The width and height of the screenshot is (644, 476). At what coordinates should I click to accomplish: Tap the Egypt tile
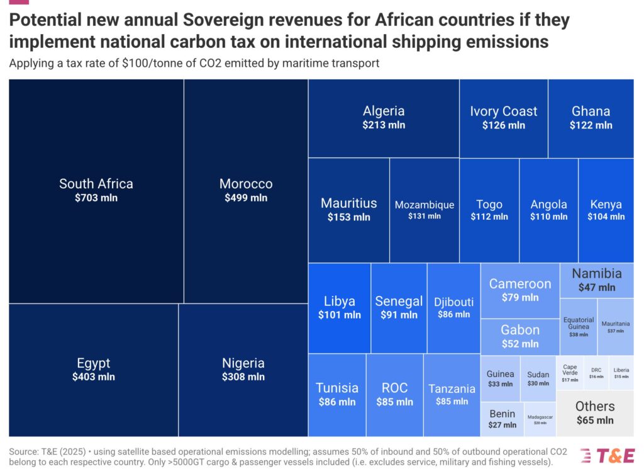tap(94, 370)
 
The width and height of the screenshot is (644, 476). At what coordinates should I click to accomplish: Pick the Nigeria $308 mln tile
tap(243, 370)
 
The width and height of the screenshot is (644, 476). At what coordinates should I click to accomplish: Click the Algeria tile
tap(384, 118)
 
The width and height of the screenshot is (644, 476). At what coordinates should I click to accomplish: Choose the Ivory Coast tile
tap(504, 118)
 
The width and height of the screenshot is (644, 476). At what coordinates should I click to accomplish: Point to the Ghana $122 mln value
tap(591, 125)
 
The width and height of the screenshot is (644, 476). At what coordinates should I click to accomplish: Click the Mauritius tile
tap(349, 210)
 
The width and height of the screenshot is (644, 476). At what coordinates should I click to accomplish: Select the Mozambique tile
tap(425, 210)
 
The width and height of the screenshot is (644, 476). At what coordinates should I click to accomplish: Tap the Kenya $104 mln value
tap(606, 217)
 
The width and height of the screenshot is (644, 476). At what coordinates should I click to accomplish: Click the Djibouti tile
tap(454, 307)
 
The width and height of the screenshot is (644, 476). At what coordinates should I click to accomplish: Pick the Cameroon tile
tap(520, 290)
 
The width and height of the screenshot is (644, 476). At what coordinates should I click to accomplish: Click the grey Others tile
tap(595, 413)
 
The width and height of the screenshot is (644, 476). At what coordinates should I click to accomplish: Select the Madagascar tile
tap(540, 419)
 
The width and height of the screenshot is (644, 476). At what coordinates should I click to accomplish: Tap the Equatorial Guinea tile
tap(579, 327)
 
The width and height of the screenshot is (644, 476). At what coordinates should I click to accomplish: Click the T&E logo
tap(608, 456)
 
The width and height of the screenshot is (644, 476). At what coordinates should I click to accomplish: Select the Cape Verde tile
tap(570, 373)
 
